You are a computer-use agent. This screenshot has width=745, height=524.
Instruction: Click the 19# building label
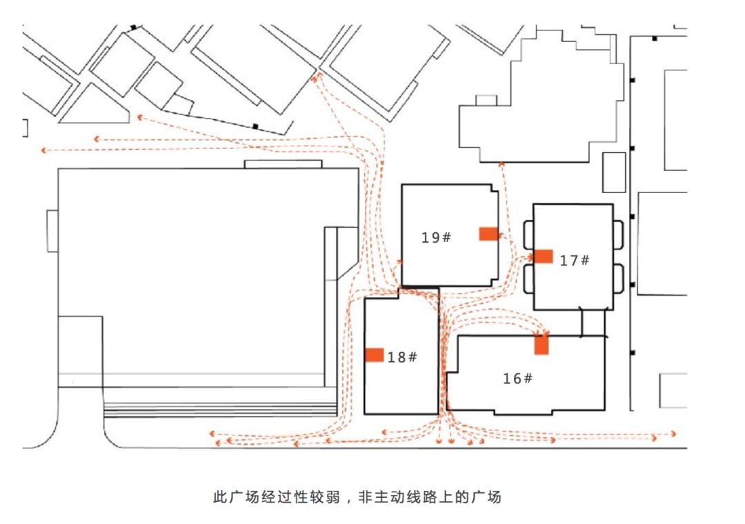(x=436, y=237)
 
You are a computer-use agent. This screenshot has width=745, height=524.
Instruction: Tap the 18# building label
(x=402, y=356)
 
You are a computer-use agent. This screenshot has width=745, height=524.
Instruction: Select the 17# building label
(x=575, y=261)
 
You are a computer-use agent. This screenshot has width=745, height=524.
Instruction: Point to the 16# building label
(x=518, y=378)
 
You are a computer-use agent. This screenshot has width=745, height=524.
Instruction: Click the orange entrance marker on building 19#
(x=488, y=234)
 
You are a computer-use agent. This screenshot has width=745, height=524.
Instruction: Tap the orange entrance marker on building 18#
(x=375, y=355)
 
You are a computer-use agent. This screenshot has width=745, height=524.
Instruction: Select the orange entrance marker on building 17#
(x=544, y=256)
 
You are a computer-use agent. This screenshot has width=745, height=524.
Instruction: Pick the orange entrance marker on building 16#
(x=542, y=345)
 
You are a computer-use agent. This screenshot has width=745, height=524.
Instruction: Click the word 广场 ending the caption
(x=486, y=497)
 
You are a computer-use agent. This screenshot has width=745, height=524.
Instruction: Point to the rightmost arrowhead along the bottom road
(x=673, y=434)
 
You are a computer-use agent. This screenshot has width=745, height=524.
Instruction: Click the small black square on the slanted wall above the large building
(x=255, y=126)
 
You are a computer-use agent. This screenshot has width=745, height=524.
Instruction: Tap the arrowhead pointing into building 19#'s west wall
(x=399, y=261)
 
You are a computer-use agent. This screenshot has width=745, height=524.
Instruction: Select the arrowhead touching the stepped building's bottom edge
(x=501, y=164)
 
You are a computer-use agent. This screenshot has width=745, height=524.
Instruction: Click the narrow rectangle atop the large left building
(x=284, y=164)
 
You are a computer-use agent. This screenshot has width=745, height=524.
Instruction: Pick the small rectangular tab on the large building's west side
(x=52, y=231)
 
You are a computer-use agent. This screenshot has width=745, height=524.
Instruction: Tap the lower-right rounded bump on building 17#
(x=618, y=279)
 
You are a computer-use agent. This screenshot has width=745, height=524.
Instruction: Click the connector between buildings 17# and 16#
(x=593, y=323)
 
